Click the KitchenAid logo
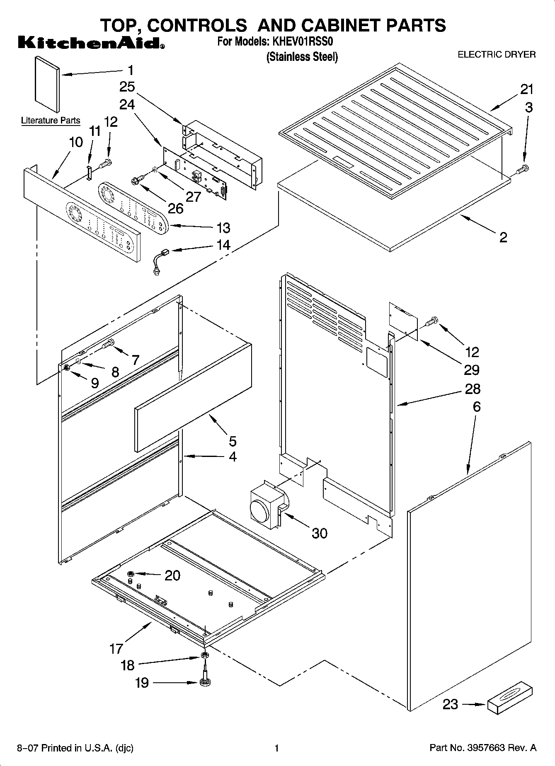pyautogui.click(x=91, y=43)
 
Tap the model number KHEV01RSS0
pyautogui.click(x=303, y=41)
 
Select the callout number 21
pyautogui.click(x=527, y=89)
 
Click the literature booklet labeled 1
pyautogui.click(x=46, y=84)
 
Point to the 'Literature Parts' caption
pyautogui.click(x=51, y=121)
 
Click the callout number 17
pyautogui.click(x=116, y=648)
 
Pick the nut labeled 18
pyautogui.click(x=204, y=655)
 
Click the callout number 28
pyautogui.click(x=473, y=389)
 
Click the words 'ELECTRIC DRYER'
pyautogui.click(x=496, y=55)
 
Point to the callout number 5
pyautogui.click(x=233, y=441)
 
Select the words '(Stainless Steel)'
pyautogui.click(x=302, y=57)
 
